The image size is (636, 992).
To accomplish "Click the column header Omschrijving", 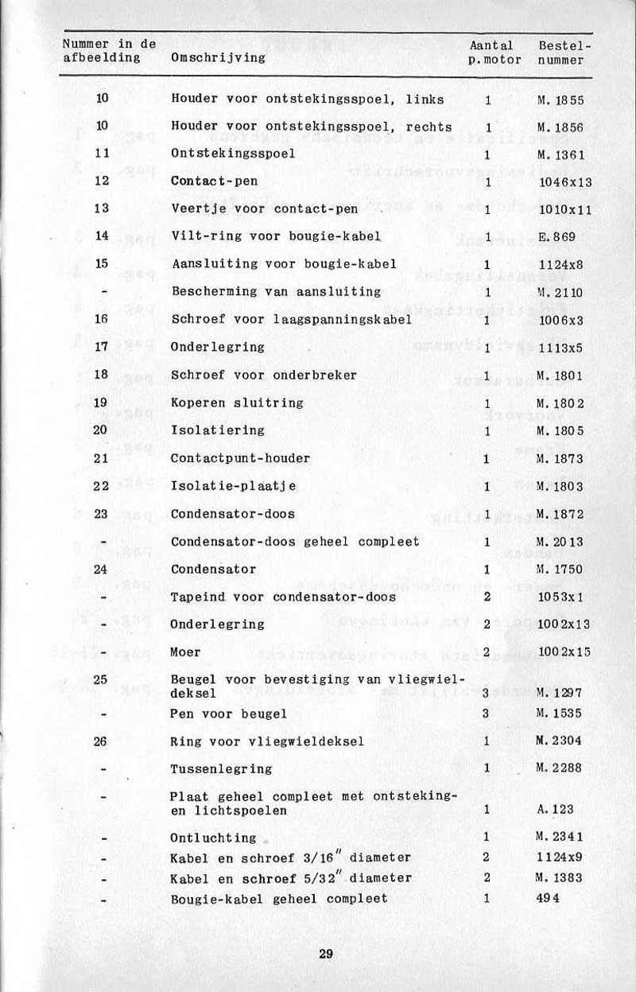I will click(x=219, y=58).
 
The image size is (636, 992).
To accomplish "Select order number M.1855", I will click(x=560, y=100).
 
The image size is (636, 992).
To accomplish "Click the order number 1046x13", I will click(x=564, y=182).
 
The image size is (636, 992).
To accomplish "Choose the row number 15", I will click(x=101, y=263).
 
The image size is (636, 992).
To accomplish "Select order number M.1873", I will click(x=560, y=458).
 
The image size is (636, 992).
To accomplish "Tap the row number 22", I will click(x=101, y=486).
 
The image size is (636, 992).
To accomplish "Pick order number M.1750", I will click(x=560, y=570).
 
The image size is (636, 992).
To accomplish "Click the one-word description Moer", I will click(x=186, y=652).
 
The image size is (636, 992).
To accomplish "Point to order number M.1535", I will click(x=560, y=713).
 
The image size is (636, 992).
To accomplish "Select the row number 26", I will click(x=101, y=741).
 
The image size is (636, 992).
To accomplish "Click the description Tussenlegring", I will click(x=221, y=769).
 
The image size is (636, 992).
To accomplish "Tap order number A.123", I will click(x=556, y=810).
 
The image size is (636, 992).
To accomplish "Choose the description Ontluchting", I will click(x=214, y=838).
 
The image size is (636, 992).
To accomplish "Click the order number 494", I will click(x=549, y=898).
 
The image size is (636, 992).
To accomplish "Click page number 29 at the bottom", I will click(x=325, y=955).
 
